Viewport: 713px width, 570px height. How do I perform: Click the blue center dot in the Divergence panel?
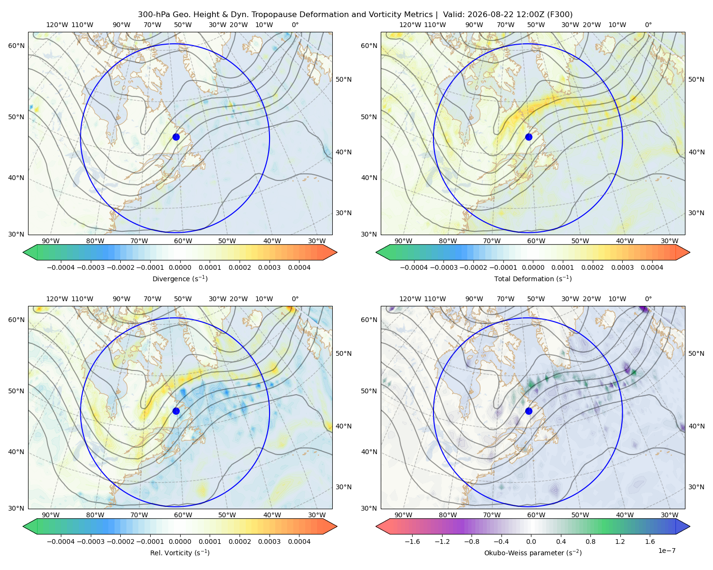176,137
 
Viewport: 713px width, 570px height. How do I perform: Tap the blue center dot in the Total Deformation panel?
529,137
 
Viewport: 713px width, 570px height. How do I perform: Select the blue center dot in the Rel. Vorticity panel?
176,411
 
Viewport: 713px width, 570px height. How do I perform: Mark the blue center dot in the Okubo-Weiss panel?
529,411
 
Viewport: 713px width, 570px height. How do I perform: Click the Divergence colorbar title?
180,279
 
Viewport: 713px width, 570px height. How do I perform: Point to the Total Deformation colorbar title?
533,279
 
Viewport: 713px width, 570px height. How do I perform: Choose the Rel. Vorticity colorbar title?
180,553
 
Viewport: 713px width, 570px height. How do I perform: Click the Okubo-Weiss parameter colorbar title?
533,553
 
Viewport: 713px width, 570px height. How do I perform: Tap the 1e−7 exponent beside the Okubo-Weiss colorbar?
666,551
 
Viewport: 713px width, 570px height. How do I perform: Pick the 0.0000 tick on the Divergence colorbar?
180,267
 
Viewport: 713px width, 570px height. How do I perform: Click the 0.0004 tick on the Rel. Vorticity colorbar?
299,541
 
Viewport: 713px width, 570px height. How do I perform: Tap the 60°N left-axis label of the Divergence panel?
16,46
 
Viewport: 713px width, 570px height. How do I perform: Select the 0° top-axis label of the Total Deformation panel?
648,25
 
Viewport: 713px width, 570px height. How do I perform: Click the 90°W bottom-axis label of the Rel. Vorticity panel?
51,515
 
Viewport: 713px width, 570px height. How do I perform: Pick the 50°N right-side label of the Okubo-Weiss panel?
696,353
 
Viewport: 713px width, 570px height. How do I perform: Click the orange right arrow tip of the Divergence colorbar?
337,252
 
